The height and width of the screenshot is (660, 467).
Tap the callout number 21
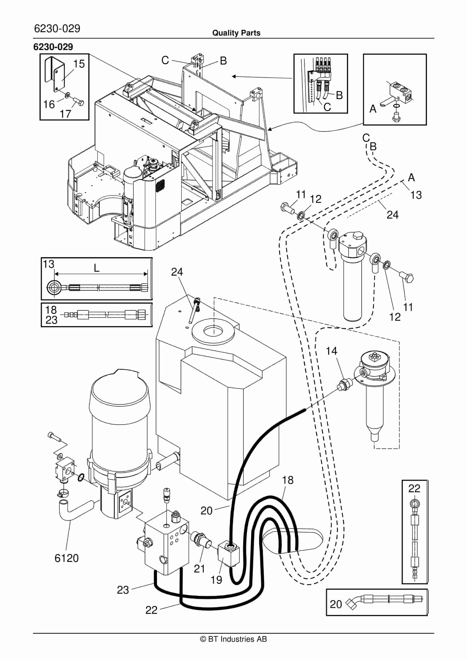pyautogui.click(x=199, y=568)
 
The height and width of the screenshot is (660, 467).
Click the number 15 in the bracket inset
pyautogui.click(x=79, y=64)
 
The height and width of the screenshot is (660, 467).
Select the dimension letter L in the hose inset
pyautogui.click(x=97, y=268)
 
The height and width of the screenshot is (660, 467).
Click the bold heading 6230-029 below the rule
pyautogui.click(x=53, y=47)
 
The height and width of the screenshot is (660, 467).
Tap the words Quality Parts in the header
pyautogui.click(x=236, y=33)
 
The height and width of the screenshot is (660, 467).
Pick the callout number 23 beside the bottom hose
pyautogui.click(x=123, y=590)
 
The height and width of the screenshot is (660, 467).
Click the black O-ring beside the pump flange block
pyautogui.click(x=81, y=478)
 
